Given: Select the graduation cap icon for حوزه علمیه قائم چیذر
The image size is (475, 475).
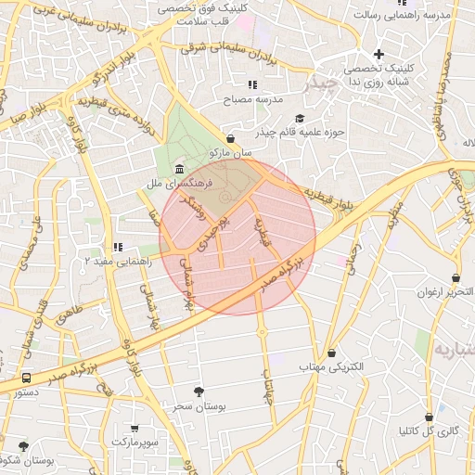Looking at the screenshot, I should (299, 118).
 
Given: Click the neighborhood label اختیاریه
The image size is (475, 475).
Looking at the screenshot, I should (454, 350).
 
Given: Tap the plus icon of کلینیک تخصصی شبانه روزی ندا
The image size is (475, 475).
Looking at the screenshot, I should (379, 54).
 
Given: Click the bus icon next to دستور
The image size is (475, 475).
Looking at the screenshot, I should (26, 379).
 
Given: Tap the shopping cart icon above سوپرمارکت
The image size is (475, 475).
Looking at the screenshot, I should (135, 430).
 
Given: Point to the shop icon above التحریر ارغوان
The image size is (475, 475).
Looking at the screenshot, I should (456, 277).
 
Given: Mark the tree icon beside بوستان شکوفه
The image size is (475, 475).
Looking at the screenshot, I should (23, 446).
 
